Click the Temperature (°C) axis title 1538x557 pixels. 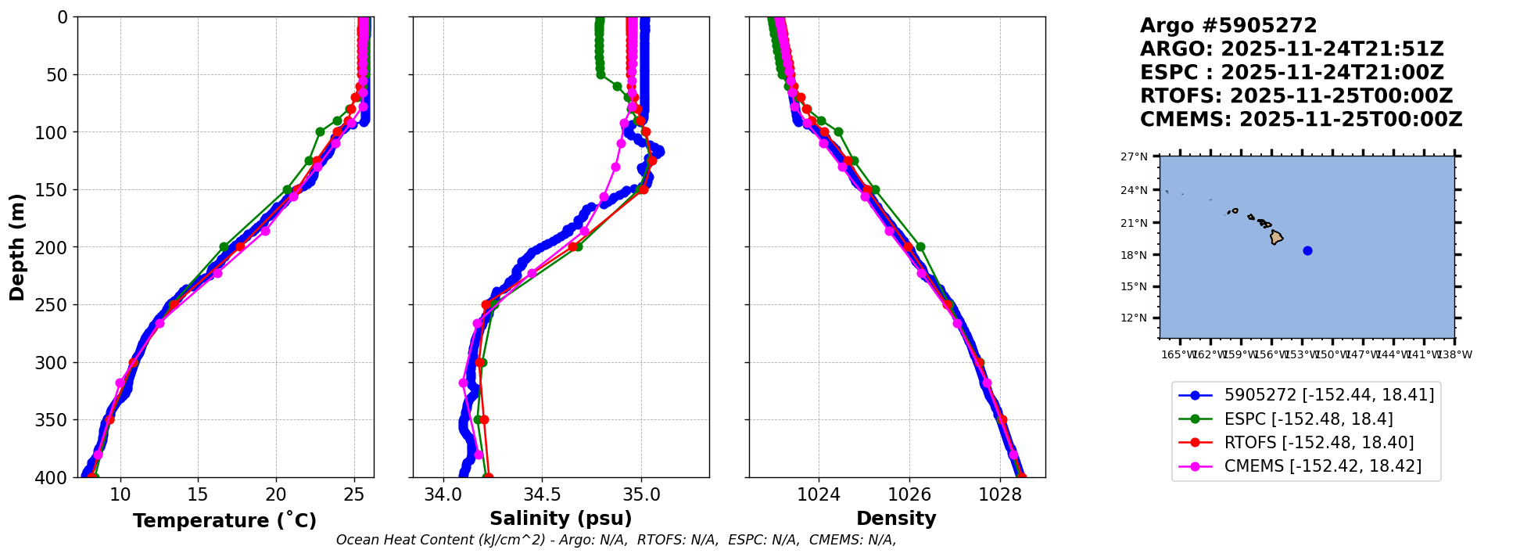point(224,521)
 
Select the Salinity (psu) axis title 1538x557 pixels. point(561,519)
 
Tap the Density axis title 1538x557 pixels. point(896,519)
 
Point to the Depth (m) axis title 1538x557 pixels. point(17,247)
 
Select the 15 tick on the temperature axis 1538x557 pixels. point(198,494)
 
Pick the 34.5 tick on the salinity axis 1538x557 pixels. point(542,494)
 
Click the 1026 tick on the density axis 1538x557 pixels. point(909,494)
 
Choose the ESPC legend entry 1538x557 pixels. point(1307,419)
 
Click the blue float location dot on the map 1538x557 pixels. point(1307,250)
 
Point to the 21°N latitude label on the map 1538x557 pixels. point(1134,223)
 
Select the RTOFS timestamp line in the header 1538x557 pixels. point(1296,96)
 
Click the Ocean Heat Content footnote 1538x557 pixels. point(615,540)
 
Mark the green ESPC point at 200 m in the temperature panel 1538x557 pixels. point(224,246)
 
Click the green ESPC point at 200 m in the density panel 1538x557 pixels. point(920,246)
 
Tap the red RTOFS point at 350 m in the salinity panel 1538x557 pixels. point(484,420)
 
